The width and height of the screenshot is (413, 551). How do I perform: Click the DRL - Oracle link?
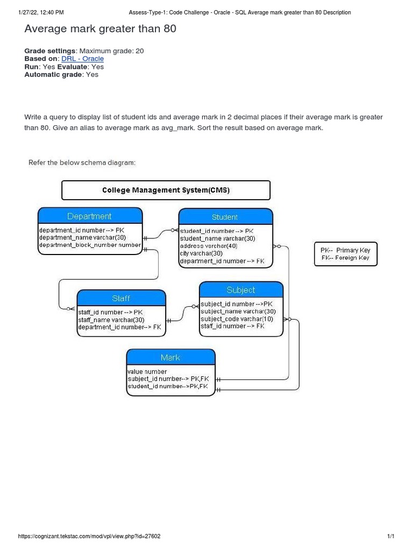click(82, 59)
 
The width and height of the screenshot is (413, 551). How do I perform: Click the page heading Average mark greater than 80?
click(101, 29)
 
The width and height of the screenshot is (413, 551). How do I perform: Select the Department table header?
click(90, 216)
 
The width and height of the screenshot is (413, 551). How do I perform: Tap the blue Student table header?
click(225, 217)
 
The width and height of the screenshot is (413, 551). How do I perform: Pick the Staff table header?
click(121, 298)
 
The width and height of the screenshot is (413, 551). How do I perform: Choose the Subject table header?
click(241, 290)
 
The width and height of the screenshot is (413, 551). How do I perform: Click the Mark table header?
click(170, 357)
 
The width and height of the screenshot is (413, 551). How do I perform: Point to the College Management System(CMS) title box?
click(166, 190)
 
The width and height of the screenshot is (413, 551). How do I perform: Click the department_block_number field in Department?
click(90, 245)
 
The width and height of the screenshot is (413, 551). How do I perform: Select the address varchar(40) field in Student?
click(209, 246)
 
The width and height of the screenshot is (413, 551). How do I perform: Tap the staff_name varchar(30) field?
click(111, 320)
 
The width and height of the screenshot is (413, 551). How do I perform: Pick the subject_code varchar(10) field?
click(237, 319)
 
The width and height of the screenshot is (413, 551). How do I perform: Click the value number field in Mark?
click(147, 371)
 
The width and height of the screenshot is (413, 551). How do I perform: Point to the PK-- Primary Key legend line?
click(345, 250)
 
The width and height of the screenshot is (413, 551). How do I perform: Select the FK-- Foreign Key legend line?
click(345, 258)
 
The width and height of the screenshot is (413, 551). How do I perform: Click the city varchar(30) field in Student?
click(201, 253)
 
